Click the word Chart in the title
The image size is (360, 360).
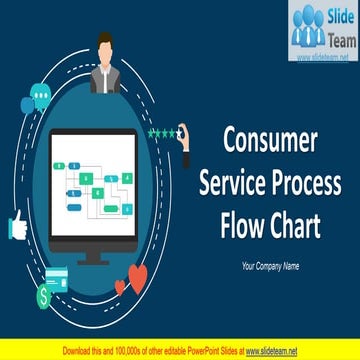coord(293,227)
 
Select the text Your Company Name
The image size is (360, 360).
coord(270,265)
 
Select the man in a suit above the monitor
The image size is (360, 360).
coord(107,61)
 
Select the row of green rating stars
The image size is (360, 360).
coord(160,132)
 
